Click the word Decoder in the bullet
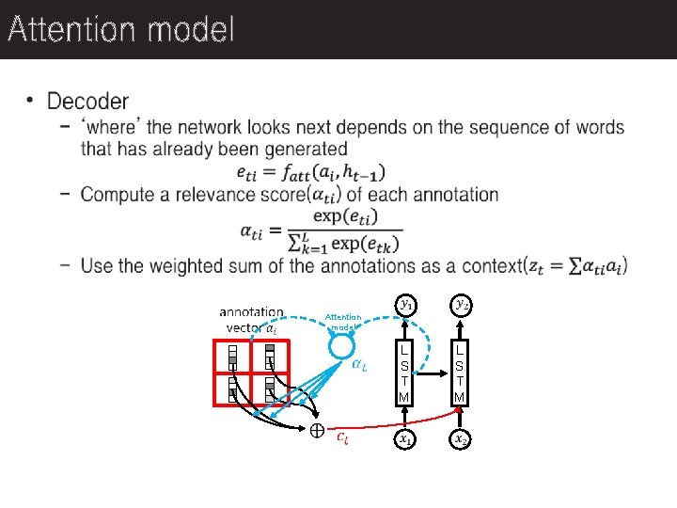[x=87, y=101]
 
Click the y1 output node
[x=404, y=304]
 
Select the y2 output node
[x=460, y=304]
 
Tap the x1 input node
[x=404, y=438]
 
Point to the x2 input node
[x=460, y=438]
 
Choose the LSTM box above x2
[x=460, y=372]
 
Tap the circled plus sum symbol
[x=318, y=431]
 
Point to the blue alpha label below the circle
[x=359, y=366]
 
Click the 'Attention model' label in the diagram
[x=343, y=322]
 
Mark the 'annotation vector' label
[x=251, y=319]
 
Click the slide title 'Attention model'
[x=119, y=30]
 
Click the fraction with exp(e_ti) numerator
[x=345, y=230]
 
